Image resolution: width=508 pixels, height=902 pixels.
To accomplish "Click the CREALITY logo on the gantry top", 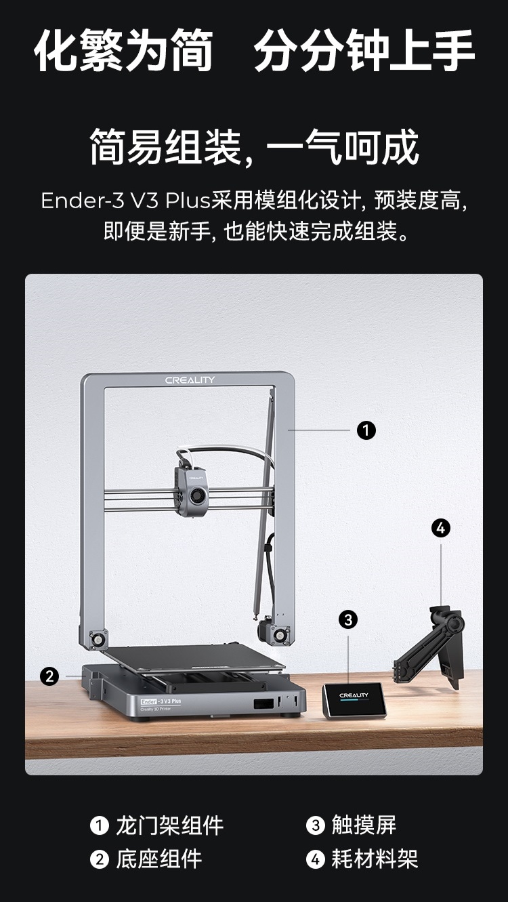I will click(x=190, y=380).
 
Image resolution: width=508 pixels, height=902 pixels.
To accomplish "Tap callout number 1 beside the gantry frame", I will click(x=366, y=430).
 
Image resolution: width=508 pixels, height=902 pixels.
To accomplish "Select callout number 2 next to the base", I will click(x=49, y=676).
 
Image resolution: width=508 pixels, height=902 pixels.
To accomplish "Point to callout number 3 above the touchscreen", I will click(x=348, y=619).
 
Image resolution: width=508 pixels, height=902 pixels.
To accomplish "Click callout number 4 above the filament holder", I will click(x=441, y=528).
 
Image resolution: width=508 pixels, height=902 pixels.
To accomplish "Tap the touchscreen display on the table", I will click(x=354, y=699).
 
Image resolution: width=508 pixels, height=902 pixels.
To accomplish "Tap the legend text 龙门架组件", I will click(x=169, y=825).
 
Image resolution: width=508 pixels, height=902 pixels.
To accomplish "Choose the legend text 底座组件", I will click(x=158, y=859).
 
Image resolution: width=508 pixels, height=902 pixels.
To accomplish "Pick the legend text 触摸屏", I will click(x=364, y=825).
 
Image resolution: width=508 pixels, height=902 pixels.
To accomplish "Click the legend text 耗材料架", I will click(x=375, y=859).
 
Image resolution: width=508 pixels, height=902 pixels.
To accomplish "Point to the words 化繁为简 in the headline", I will click(x=123, y=51).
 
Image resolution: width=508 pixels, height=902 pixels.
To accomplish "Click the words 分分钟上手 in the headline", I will click(x=364, y=51).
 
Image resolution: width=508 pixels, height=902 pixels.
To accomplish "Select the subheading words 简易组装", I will click(x=166, y=147).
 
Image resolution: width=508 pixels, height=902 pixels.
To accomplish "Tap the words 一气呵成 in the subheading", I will click(x=343, y=147).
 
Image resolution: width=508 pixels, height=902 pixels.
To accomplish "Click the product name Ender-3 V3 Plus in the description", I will click(x=126, y=201).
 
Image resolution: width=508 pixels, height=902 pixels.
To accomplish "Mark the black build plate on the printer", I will click(x=193, y=657).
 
